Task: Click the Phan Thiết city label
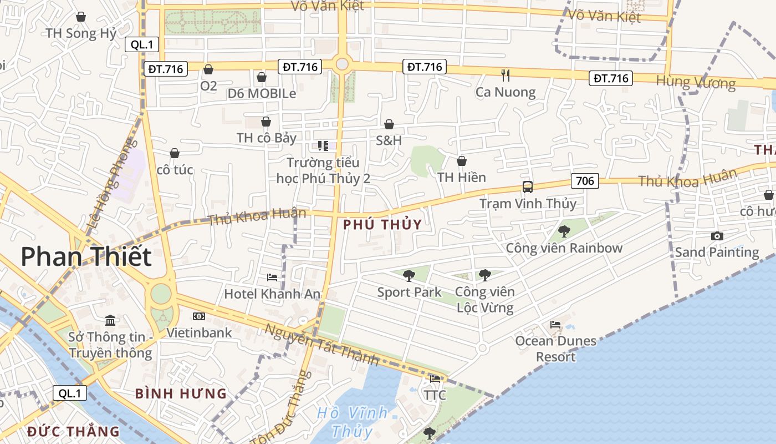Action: coord(86,257)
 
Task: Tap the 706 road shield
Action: coord(585,180)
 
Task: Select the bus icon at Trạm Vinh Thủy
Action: coord(528,187)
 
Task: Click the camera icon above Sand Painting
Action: coord(717,236)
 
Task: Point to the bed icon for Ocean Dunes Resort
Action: coord(555,324)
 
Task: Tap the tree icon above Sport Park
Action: coord(409,275)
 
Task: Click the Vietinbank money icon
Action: coord(199,316)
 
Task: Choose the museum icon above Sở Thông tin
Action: coord(110,321)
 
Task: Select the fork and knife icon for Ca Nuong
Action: coord(505,75)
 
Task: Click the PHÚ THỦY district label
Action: coord(382,225)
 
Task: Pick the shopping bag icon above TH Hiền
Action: coord(461,161)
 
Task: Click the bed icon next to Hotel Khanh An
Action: coord(272,277)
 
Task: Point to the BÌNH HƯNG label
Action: coord(181,394)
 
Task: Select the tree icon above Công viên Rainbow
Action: coord(564,231)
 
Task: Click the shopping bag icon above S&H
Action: coord(389,124)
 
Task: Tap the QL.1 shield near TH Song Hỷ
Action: coord(142,45)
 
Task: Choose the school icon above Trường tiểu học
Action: coord(323,146)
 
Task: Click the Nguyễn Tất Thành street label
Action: coord(321,344)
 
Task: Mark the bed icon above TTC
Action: coord(435,379)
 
